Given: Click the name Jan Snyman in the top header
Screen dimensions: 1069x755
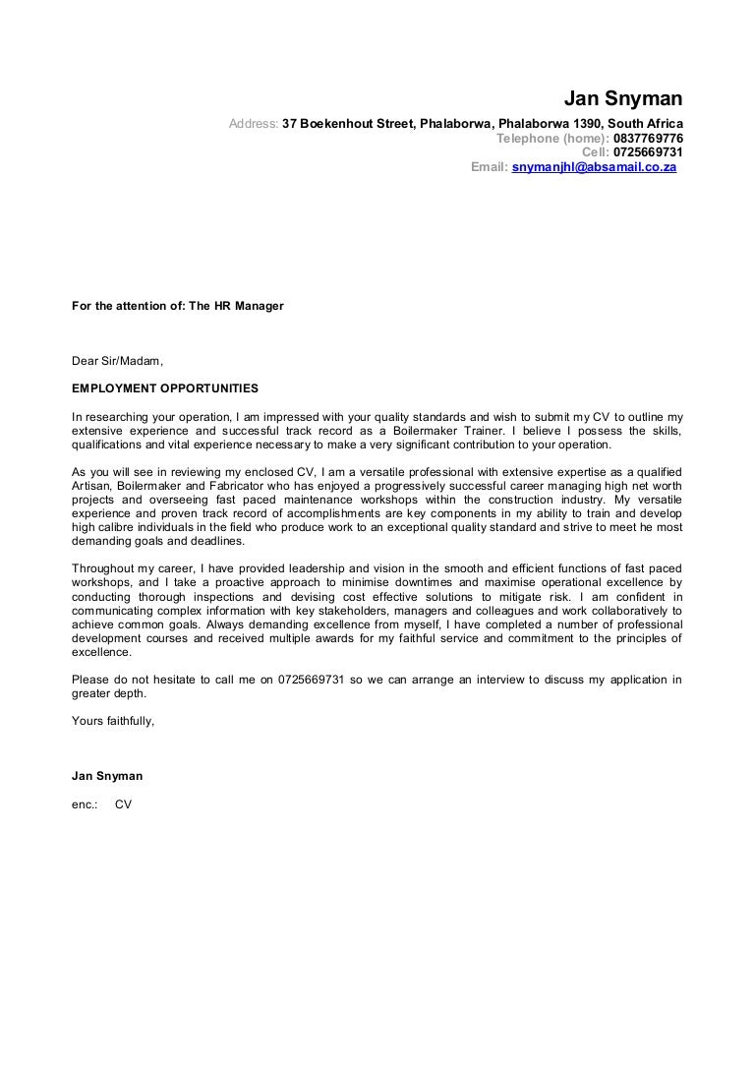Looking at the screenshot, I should (623, 100).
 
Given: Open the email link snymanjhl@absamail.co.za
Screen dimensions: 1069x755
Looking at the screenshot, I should (595, 167).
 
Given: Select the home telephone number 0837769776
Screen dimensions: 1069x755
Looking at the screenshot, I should (648, 139).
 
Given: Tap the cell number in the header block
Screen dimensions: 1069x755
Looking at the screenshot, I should (648, 152).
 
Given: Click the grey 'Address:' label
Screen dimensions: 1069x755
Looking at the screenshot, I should (254, 124).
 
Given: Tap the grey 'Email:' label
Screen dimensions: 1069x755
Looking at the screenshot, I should (490, 167).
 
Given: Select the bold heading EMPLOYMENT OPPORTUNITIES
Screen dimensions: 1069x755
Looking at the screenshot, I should (165, 388).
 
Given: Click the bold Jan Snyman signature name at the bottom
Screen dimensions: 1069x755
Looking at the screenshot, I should (107, 776).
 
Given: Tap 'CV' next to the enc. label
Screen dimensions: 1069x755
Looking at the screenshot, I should (123, 803).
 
